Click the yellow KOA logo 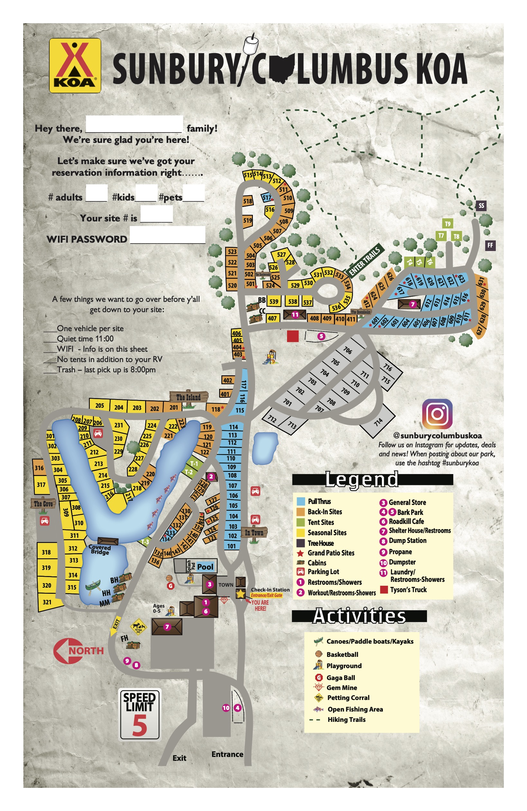point(75,65)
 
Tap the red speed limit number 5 point(140,725)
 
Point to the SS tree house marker point(481,205)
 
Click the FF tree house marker point(490,245)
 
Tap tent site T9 point(448,224)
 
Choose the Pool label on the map point(205,567)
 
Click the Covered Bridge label point(100,549)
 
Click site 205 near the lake point(99,405)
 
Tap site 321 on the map point(47,602)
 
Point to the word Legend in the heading point(361,480)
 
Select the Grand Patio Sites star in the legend point(300,553)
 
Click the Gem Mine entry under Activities point(342,688)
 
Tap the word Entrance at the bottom point(227,754)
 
